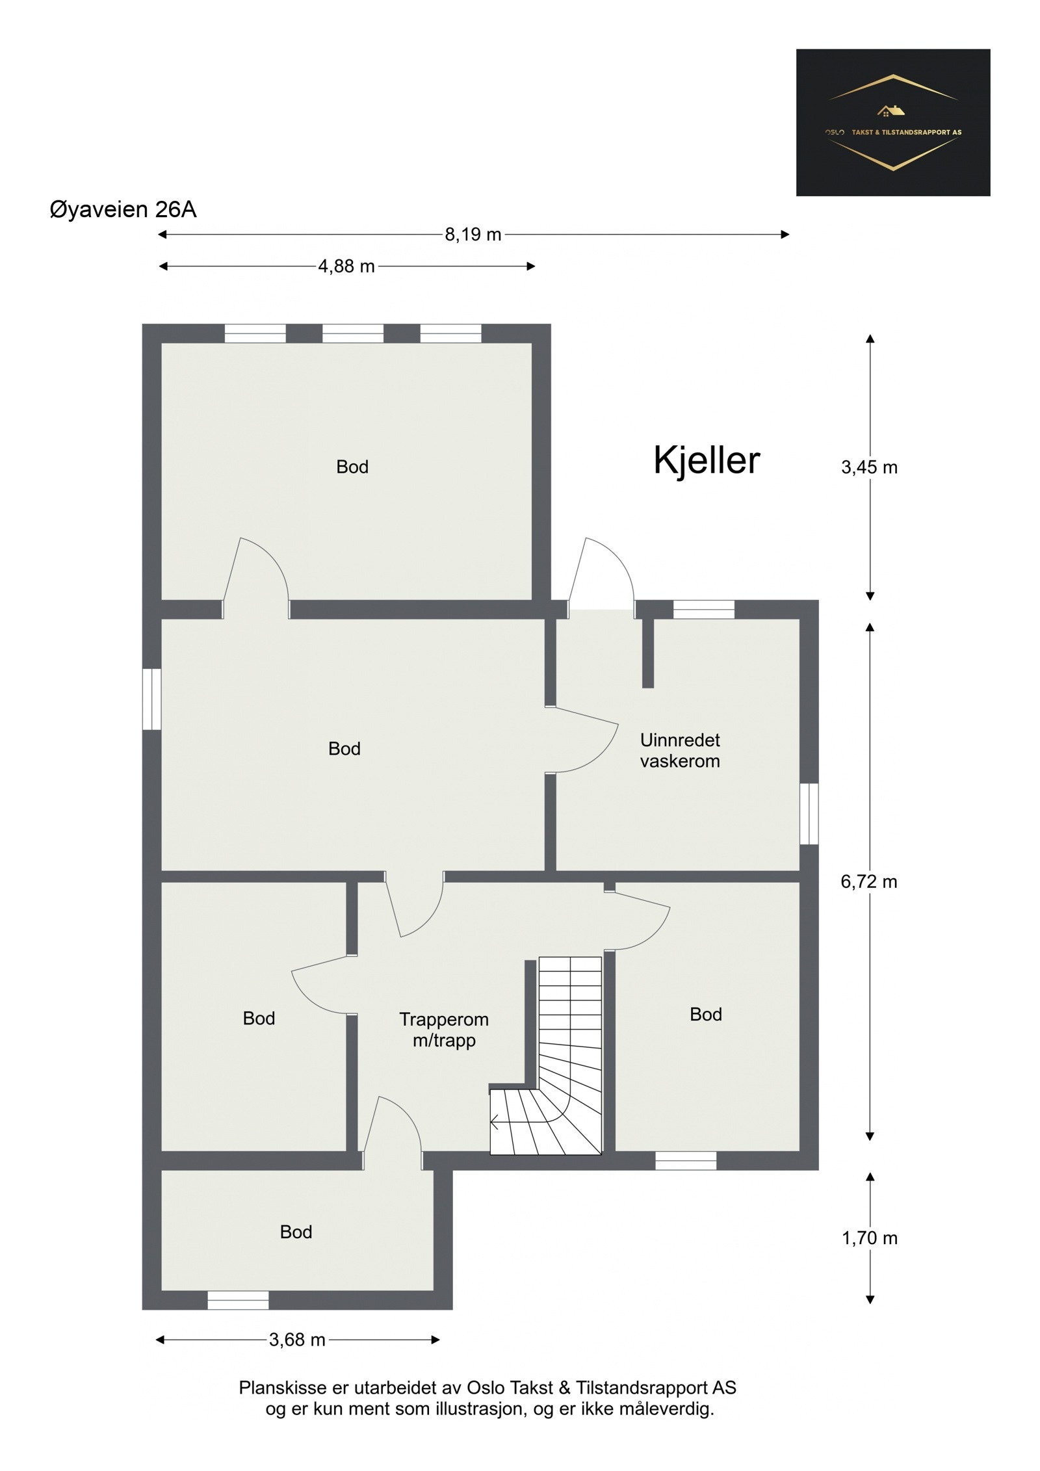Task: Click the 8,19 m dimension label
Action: tap(473, 235)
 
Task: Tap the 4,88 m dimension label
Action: tap(346, 267)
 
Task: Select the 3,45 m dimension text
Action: tap(869, 467)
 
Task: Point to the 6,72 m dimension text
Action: tap(868, 881)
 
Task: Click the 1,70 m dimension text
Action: tap(869, 1238)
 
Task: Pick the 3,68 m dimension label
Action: tap(297, 1340)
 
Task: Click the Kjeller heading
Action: tap(707, 460)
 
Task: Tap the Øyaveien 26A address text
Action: tap(123, 210)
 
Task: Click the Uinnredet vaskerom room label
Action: tap(680, 750)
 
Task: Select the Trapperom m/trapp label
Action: tap(444, 1030)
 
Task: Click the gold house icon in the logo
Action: tap(890, 111)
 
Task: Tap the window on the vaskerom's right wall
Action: tap(809, 813)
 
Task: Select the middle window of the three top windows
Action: tap(353, 333)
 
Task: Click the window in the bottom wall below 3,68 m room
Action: tap(238, 1300)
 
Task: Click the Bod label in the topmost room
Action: tap(352, 467)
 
